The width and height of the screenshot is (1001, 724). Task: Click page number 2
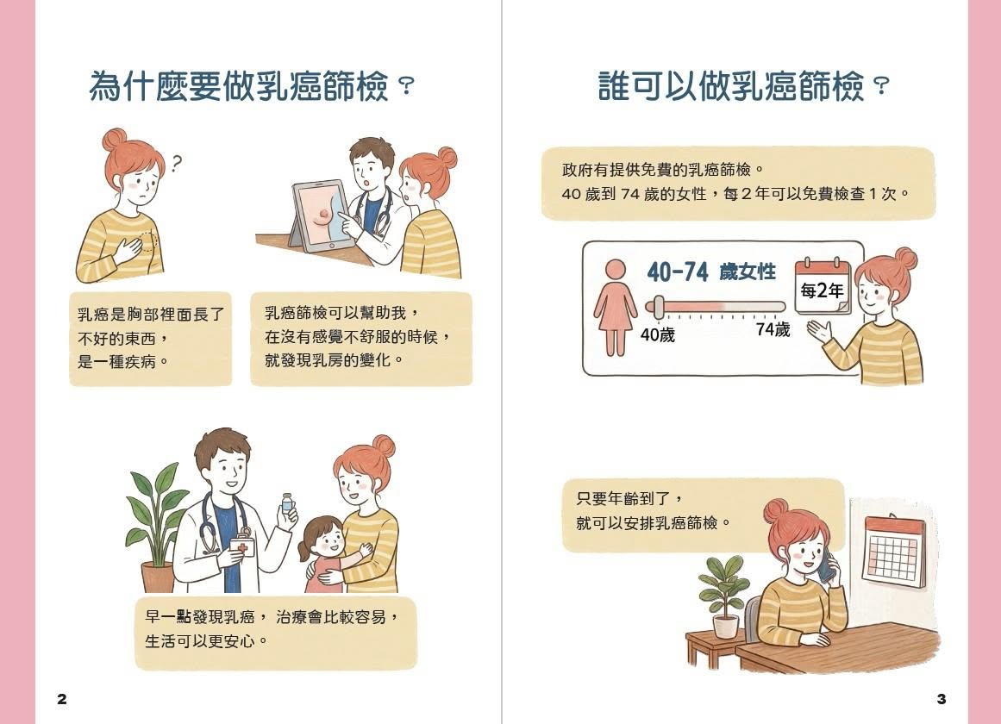(x=62, y=698)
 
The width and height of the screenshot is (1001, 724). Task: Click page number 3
(x=941, y=698)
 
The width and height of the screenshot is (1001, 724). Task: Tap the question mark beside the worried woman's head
(x=177, y=164)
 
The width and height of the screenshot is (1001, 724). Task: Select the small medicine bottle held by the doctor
(x=287, y=502)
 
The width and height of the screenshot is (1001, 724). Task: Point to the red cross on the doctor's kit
(x=242, y=548)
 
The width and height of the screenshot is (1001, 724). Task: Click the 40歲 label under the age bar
(x=658, y=334)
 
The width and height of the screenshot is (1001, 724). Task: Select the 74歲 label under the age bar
(x=773, y=329)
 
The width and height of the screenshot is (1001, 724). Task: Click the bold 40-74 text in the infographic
(x=678, y=272)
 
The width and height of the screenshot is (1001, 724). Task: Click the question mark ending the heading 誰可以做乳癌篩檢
(x=881, y=86)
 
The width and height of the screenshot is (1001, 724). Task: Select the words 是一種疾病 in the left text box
(x=117, y=362)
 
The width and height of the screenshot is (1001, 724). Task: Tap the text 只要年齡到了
(x=623, y=499)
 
